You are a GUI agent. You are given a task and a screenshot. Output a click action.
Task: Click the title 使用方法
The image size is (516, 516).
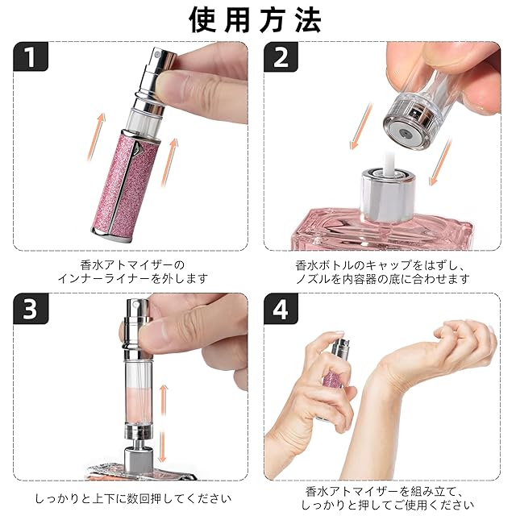[x=256, y=20]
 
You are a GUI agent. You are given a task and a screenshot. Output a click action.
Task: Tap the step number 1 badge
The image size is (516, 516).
[x=31, y=56]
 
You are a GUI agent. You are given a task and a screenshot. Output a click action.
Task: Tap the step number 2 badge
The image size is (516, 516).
[x=281, y=56]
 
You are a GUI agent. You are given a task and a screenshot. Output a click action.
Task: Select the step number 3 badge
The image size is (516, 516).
[x=31, y=308]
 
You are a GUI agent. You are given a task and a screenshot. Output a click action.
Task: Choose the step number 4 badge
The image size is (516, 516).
[x=281, y=309]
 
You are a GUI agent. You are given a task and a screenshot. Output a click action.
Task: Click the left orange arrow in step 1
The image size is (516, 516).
[x=96, y=136]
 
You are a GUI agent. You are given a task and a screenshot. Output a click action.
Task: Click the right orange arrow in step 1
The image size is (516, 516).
[x=169, y=162]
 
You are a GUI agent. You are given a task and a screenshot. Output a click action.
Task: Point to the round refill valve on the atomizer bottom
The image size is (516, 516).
[x=405, y=132]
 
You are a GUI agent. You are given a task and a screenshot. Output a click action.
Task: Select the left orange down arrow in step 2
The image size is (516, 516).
[x=361, y=126]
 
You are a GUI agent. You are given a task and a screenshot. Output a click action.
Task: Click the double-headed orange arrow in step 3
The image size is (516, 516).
[x=163, y=423]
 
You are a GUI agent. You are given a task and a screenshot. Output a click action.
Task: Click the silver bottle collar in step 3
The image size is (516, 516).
[x=139, y=458]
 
